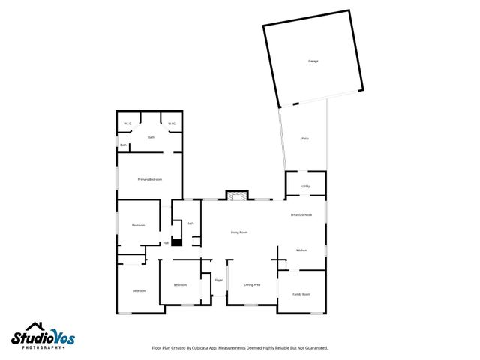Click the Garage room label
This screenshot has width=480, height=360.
(313, 61)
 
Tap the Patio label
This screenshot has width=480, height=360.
(305, 139)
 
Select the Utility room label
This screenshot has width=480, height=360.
(306, 186)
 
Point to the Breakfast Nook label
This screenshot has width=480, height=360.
(301, 215)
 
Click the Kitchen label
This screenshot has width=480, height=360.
(301, 250)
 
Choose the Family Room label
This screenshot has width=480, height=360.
(301, 294)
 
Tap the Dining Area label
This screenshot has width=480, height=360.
(252, 285)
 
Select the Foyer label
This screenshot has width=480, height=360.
(219, 280)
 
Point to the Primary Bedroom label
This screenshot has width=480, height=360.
(150, 180)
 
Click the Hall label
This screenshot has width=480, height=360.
(166, 243)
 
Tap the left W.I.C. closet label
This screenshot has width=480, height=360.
(127, 124)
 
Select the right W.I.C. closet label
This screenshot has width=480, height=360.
(172, 124)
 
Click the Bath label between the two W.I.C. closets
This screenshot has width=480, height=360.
(151, 137)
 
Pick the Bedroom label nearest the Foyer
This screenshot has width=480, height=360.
(180, 285)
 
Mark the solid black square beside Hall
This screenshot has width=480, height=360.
(176, 242)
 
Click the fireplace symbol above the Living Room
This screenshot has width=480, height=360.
(236, 196)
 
